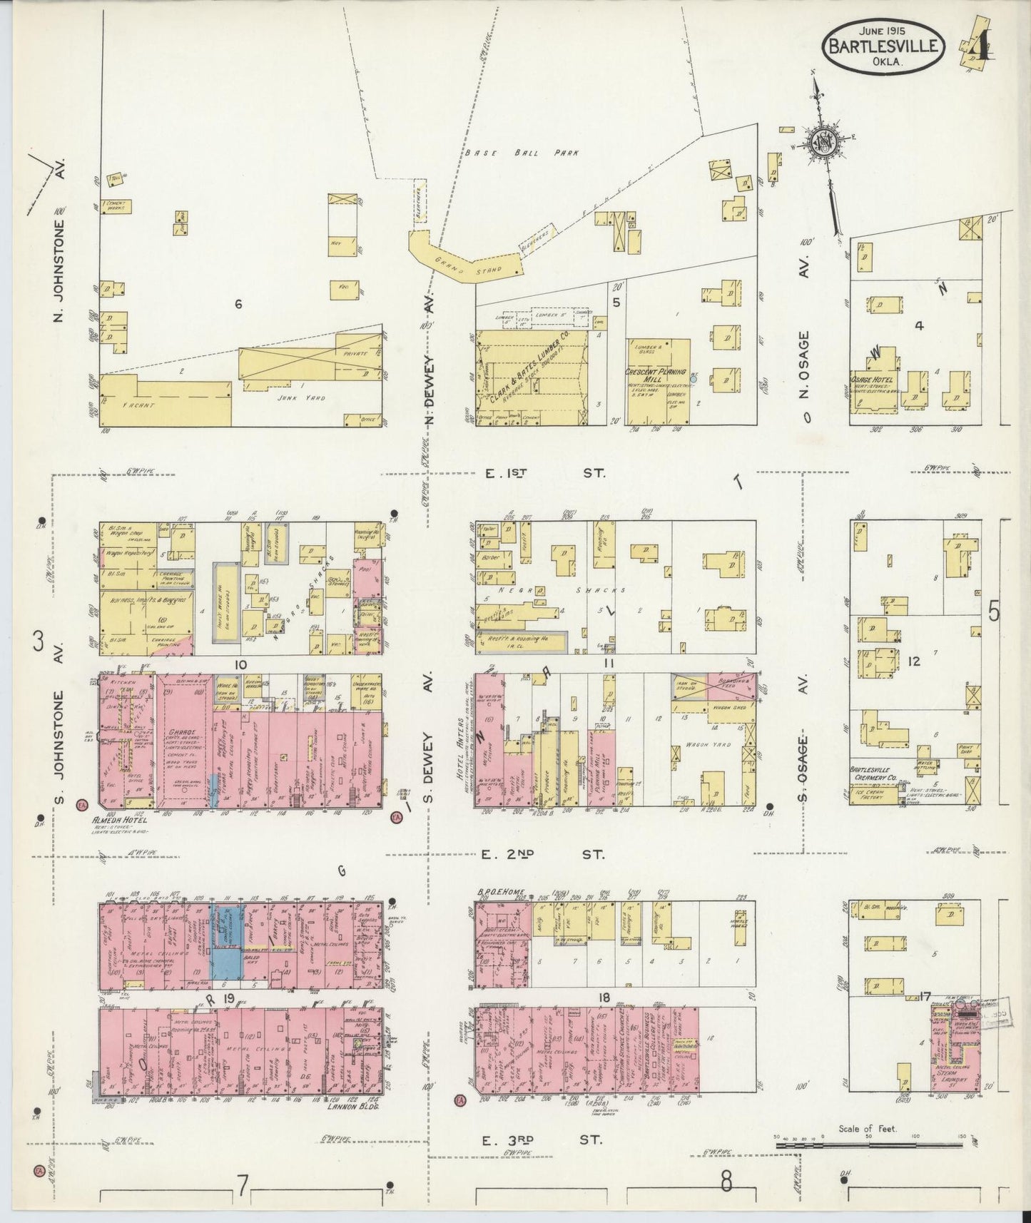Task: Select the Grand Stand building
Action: pyautogui.click(x=464, y=260)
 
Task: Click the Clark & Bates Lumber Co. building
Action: pyautogui.click(x=532, y=378)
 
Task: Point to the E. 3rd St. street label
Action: pyautogui.click(x=542, y=1140)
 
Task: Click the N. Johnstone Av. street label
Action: pyautogui.click(x=62, y=271)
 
